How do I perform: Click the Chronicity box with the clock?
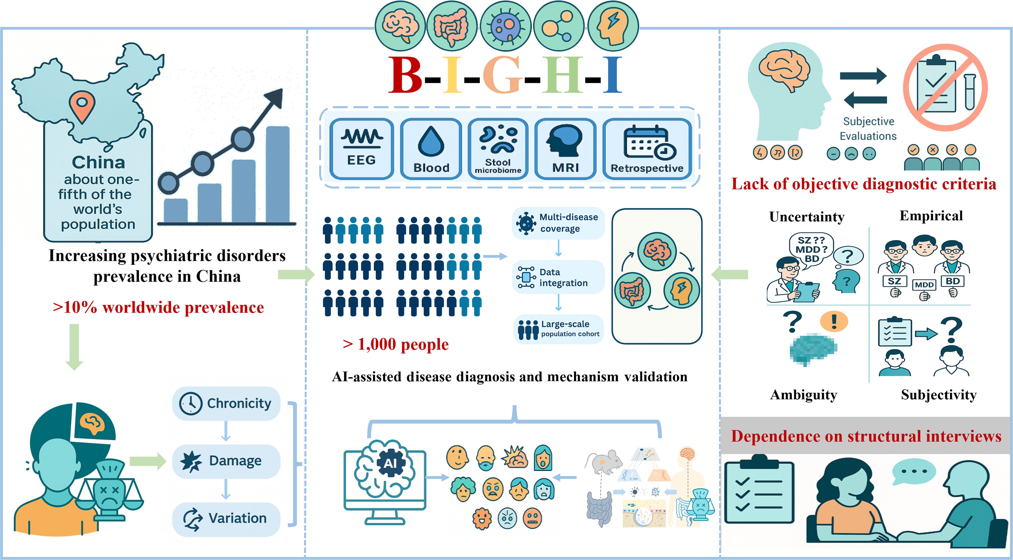pos(226,403)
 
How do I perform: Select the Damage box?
pos(226,461)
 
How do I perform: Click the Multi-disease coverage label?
pos(559,223)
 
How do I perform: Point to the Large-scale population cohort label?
pos(559,329)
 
